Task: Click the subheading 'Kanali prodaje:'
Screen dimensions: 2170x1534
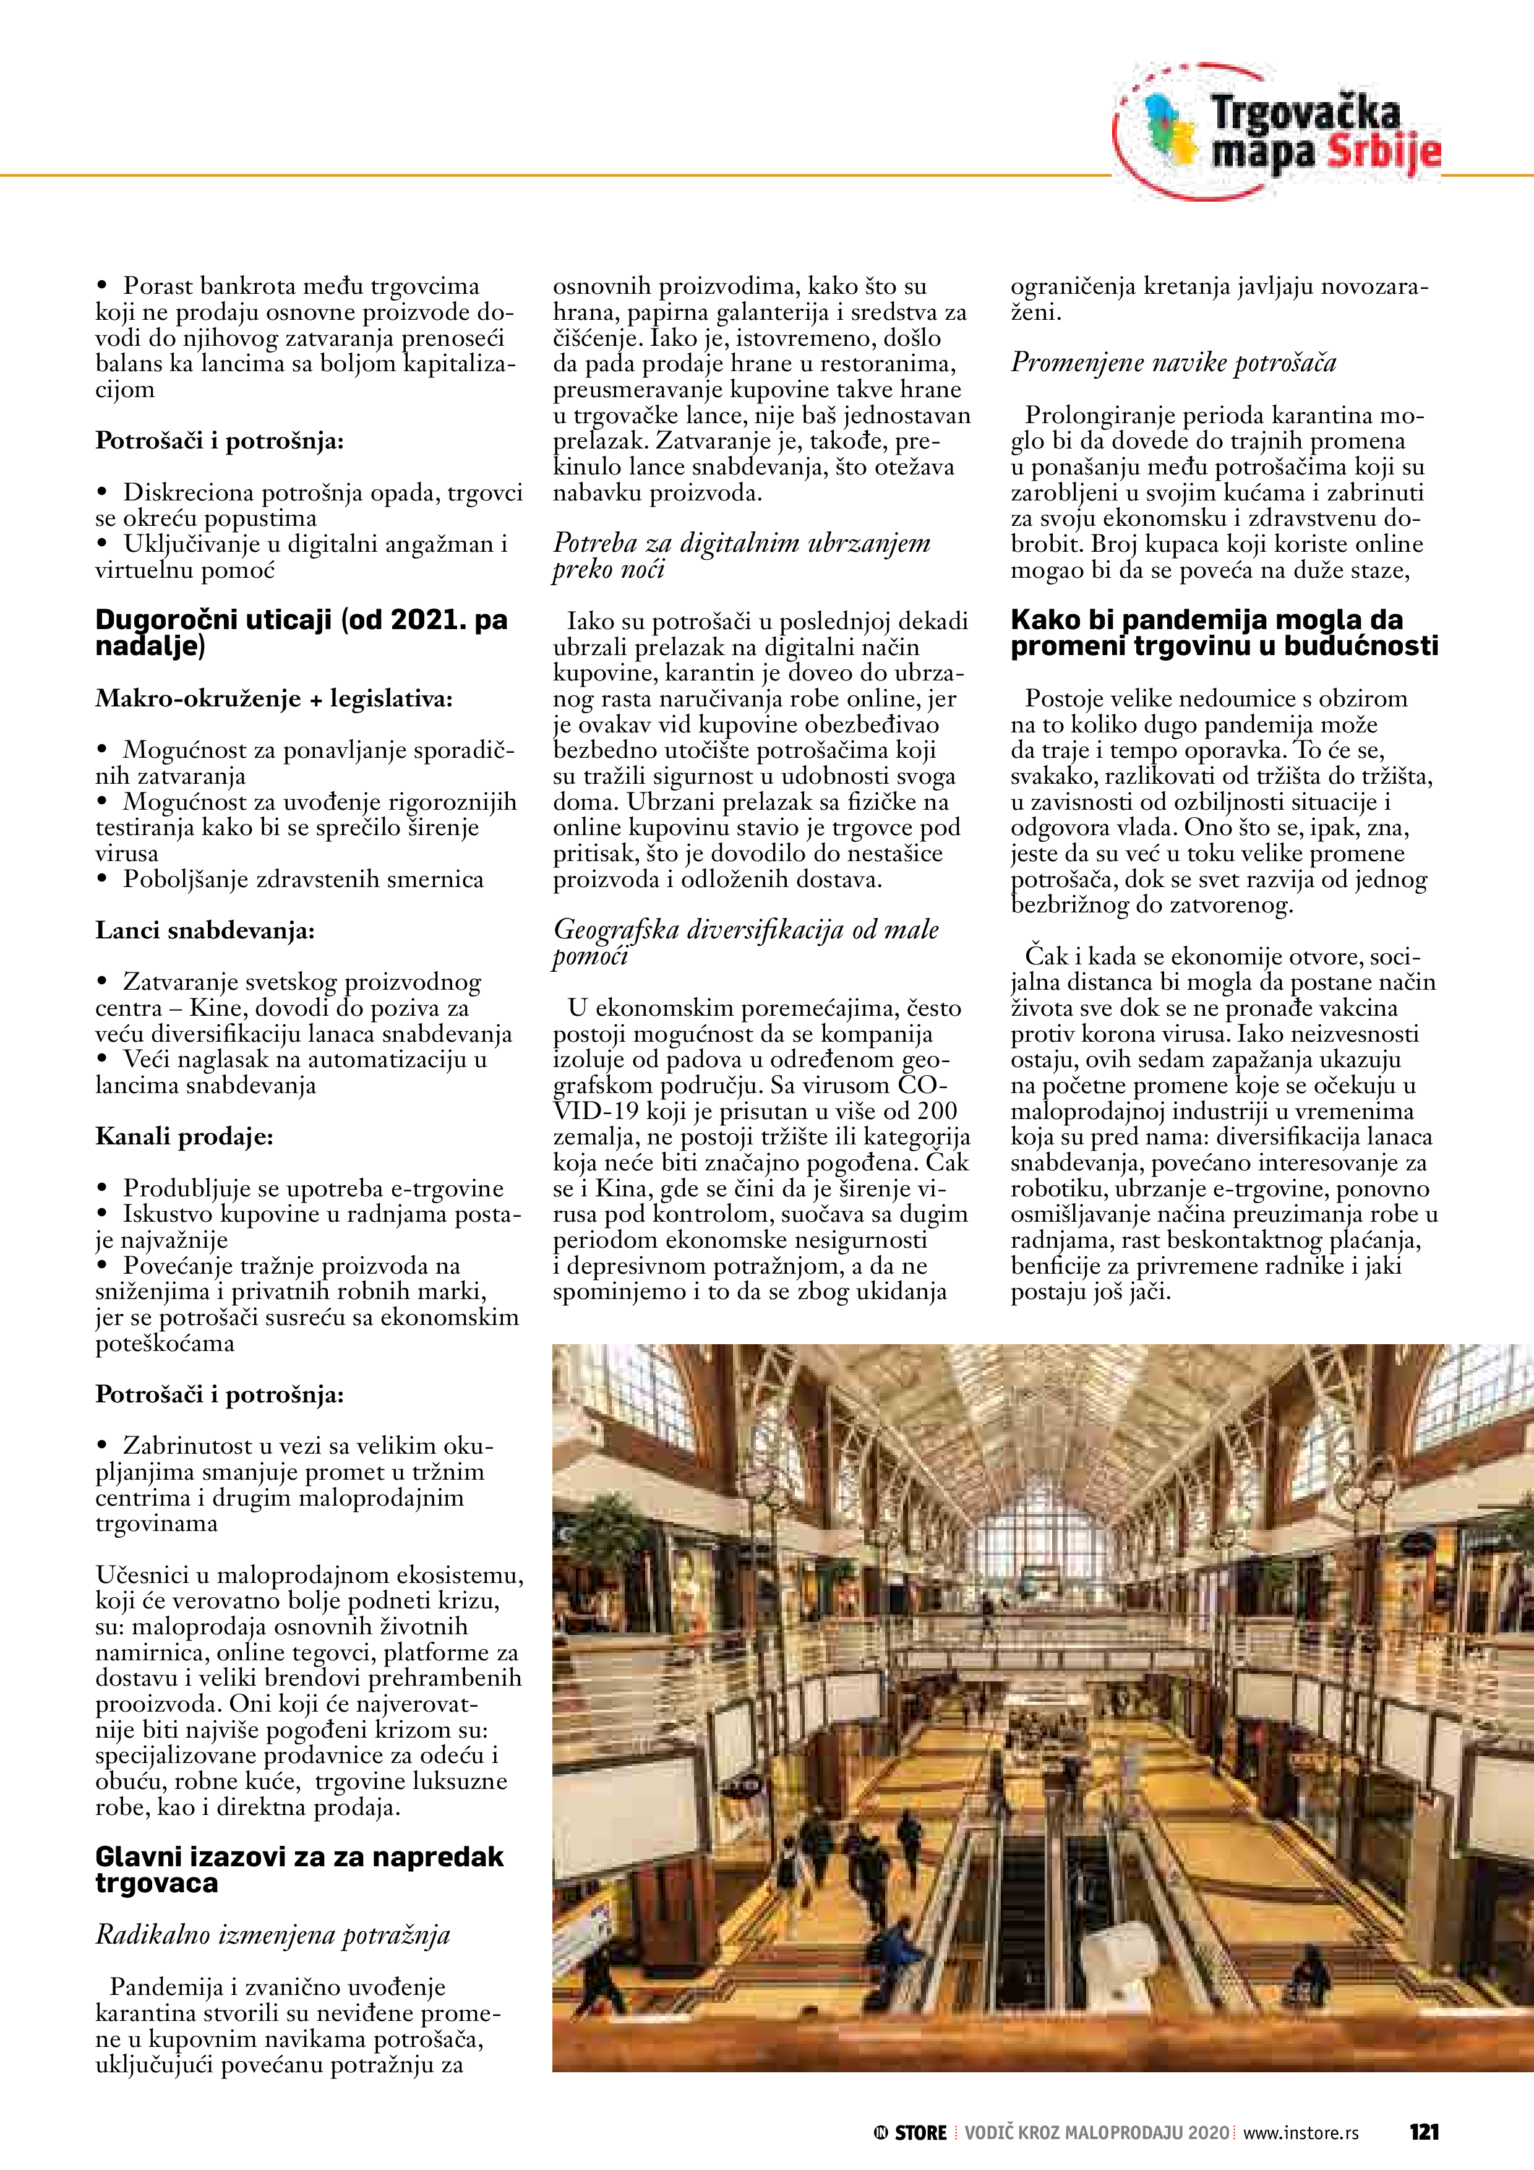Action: click(x=184, y=1136)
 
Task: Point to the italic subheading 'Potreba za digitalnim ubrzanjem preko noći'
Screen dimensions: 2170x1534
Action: click(x=741, y=555)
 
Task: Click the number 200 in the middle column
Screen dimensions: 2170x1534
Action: click(x=936, y=1112)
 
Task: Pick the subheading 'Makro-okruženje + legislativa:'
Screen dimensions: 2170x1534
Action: click(x=274, y=698)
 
